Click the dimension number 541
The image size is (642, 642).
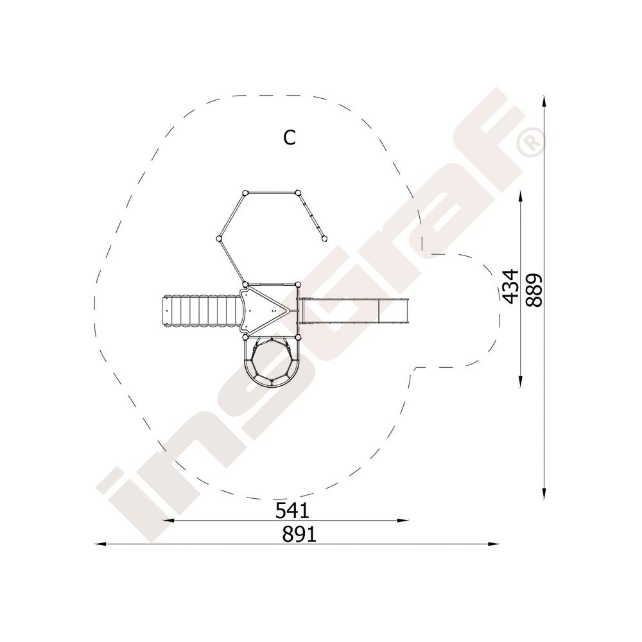pos(292,510)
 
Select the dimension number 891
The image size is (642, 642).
pos(299,534)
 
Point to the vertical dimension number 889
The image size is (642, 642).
pos(534,290)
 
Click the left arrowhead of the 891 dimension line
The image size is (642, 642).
pos(100,544)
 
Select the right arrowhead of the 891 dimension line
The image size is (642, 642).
pos(494,544)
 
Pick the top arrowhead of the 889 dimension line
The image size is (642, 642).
pos(544,102)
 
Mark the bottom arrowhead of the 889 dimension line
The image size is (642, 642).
pos(544,493)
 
